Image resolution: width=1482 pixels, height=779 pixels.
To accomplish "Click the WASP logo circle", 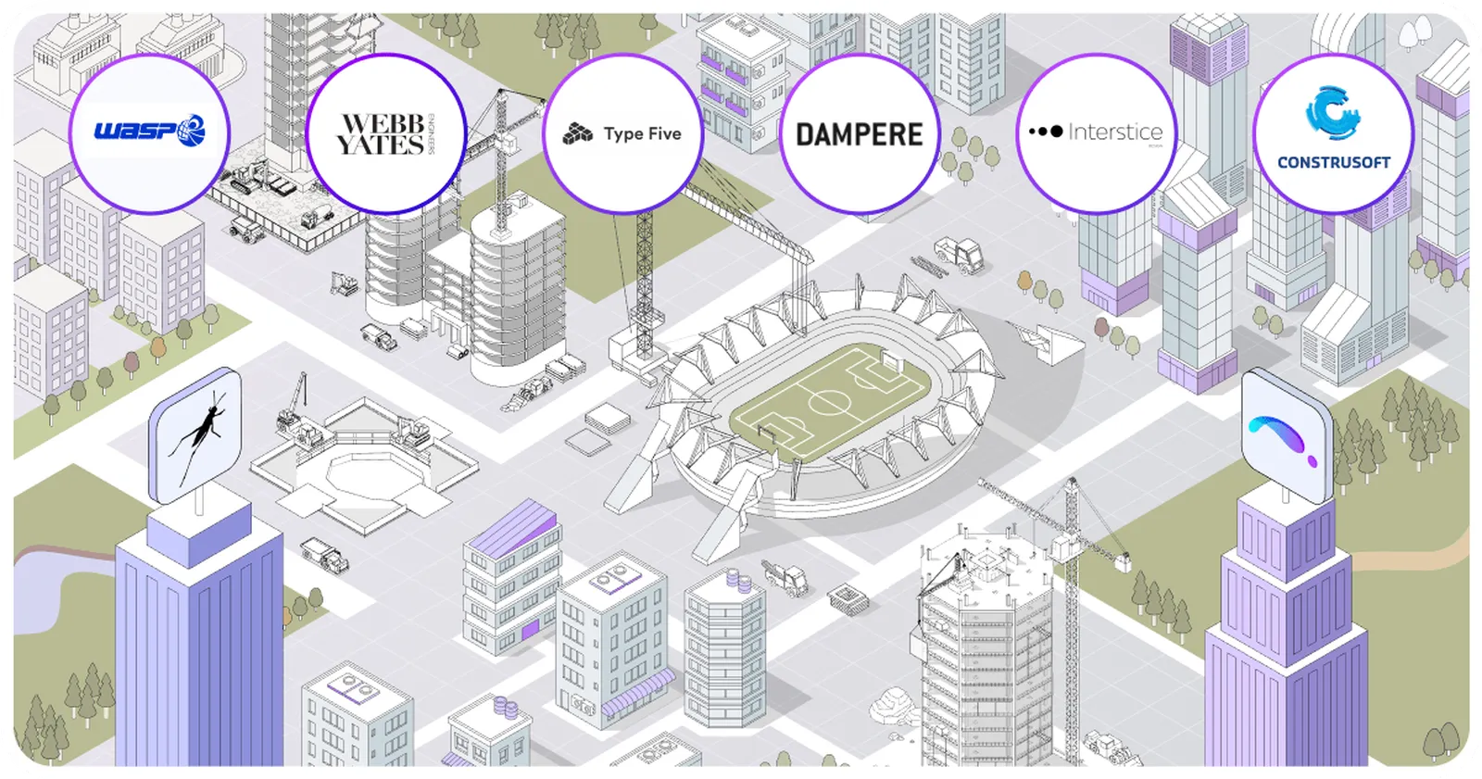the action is (149, 133).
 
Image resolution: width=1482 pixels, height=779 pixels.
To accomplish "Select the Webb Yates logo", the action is (384, 134).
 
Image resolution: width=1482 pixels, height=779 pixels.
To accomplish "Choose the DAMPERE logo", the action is (860, 134).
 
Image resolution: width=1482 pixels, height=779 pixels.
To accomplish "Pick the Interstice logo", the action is (1097, 133).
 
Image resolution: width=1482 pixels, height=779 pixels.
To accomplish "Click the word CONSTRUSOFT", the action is (1334, 162).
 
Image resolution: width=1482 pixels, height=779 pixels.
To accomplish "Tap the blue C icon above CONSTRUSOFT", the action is (1332, 112).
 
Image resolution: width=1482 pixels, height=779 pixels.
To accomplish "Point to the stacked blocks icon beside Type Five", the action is (578, 134).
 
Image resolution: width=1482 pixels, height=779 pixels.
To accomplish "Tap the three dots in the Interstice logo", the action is (1046, 132).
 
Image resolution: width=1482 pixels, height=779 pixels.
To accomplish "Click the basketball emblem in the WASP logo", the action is (192, 129).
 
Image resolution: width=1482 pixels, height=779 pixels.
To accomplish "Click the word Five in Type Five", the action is (664, 134).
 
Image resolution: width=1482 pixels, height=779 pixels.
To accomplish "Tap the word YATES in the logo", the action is (380, 145).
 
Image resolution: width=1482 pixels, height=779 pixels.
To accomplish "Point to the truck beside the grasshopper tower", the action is (325, 554).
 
